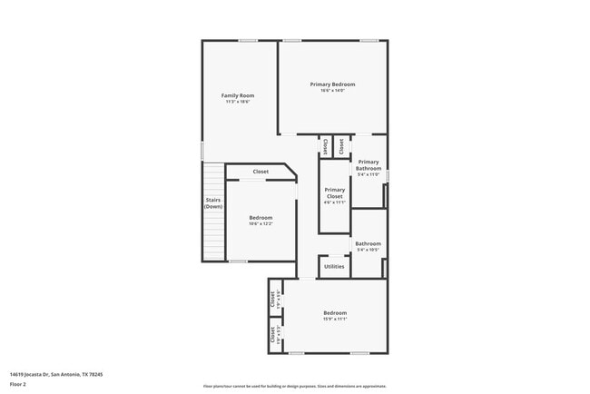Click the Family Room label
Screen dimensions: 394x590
click(237, 95)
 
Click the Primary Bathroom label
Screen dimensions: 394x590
click(369, 165)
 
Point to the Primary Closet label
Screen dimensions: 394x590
click(334, 193)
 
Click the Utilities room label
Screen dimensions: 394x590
click(334, 266)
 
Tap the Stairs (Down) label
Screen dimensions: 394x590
click(213, 203)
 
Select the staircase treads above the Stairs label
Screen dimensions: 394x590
click(212, 178)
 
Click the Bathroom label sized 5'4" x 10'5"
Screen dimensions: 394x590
click(368, 243)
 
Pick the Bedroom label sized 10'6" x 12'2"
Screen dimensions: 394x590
click(261, 218)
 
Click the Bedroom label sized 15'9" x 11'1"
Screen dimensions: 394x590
click(335, 313)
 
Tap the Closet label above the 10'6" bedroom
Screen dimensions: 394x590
click(261, 172)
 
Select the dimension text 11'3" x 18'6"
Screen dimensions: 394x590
click(237, 102)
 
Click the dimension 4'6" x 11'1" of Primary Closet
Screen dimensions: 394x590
click(334, 202)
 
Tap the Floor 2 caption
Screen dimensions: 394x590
click(19, 385)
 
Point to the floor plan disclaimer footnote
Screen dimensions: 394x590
click(295, 386)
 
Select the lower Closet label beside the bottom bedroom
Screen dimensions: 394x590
click(272, 335)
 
